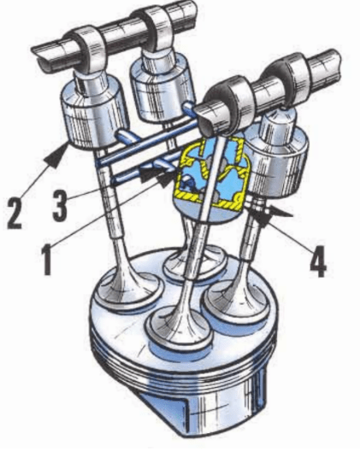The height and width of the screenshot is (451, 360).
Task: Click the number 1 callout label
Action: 47,259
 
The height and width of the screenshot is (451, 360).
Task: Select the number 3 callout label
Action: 60,204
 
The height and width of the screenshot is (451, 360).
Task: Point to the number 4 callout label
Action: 318,261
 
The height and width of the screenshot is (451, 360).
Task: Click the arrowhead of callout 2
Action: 56,155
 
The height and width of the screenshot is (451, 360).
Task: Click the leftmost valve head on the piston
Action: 127,290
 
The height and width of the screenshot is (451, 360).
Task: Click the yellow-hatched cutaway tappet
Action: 211,179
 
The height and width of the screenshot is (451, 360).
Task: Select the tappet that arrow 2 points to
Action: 93,113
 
